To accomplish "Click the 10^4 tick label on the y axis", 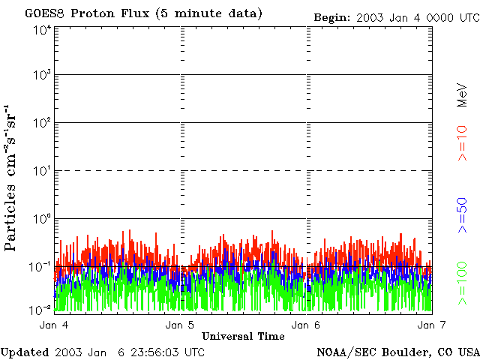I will tap(42, 29).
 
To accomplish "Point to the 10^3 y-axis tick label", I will tap(42, 76).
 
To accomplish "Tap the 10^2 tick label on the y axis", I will tap(42, 123).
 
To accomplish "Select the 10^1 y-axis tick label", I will tap(42, 171).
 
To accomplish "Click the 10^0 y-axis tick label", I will tap(42, 218).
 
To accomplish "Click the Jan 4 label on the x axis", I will tap(54, 325).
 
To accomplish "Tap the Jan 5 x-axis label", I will tap(180, 325).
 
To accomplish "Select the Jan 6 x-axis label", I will tap(305, 325).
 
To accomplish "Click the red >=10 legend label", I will tap(463, 143).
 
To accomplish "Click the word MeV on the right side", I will tap(463, 95).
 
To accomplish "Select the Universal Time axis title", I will tap(243, 335).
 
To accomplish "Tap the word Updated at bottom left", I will tap(25, 352).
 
